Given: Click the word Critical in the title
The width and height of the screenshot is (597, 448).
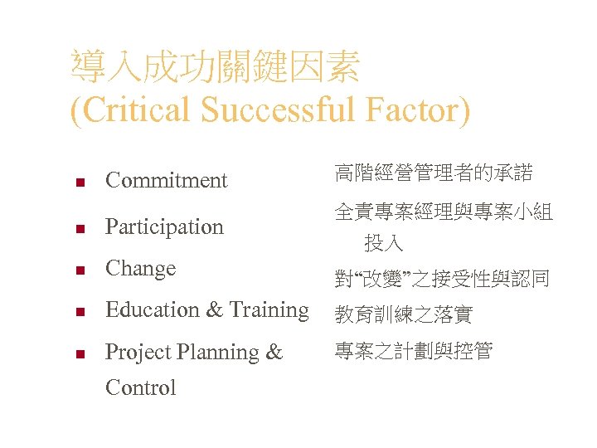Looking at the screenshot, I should (x=133, y=110).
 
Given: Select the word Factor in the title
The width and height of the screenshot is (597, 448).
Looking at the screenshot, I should (x=412, y=110).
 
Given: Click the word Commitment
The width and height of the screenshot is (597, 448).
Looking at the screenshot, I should (x=166, y=180).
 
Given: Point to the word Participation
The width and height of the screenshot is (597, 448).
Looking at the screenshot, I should (x=164, y=226).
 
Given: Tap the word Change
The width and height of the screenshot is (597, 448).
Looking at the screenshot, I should (x=140, y=269).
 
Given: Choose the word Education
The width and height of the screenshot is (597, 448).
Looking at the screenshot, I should (x=152, y=310).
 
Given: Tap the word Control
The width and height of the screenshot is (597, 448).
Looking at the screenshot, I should (x=140, y=387).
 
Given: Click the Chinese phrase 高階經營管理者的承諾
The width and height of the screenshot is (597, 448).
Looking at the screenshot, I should (x=433, y=173).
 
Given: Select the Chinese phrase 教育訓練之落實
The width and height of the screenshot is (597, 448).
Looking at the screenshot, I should (x=403, y=314).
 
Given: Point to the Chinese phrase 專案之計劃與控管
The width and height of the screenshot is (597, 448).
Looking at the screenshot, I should (x=413, y=351).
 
